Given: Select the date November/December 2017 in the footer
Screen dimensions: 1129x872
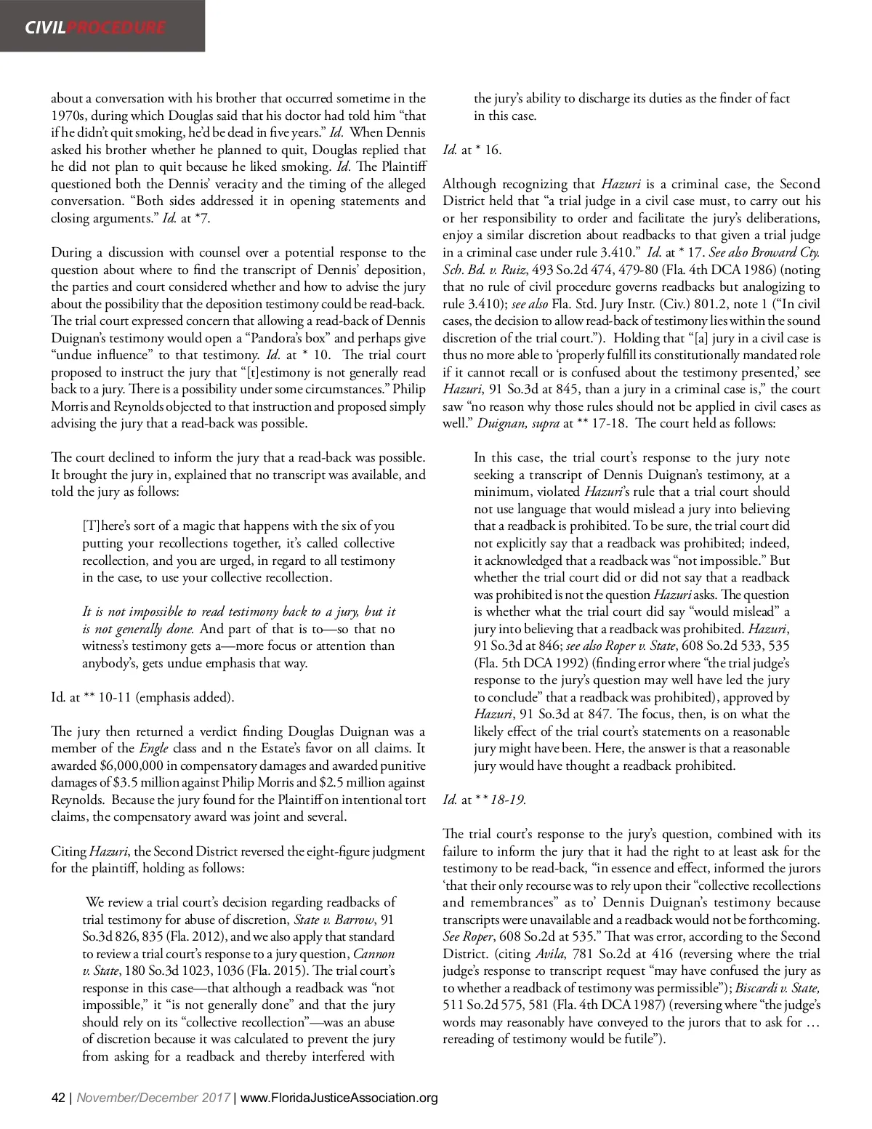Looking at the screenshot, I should coord(154,1098).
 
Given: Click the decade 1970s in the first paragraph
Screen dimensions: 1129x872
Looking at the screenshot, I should coord(67,116).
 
